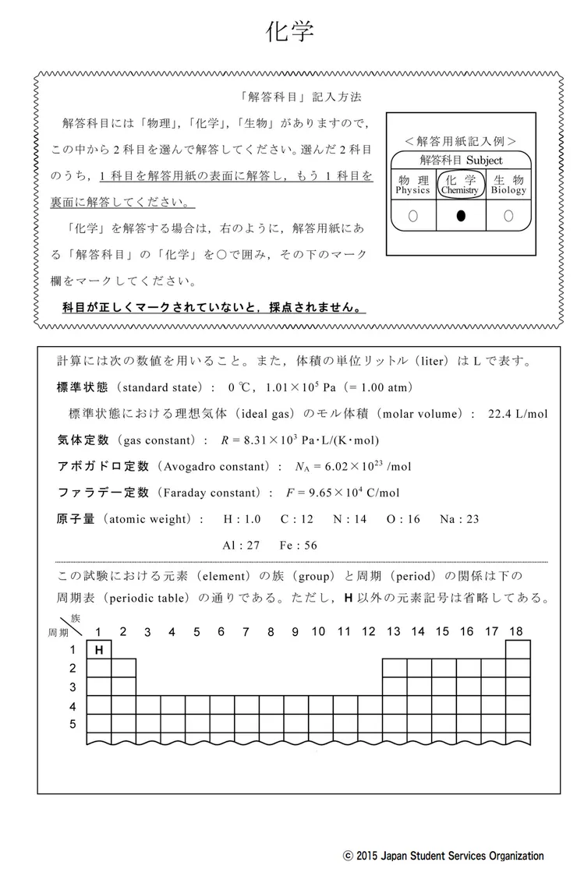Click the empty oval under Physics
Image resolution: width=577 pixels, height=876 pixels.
(x=412, y=216)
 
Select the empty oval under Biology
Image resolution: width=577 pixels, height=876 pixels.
(x=508, y=216)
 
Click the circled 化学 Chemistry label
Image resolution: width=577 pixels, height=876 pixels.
(x=460, y=184)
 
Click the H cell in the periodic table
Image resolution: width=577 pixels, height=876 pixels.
(x=99, y=649)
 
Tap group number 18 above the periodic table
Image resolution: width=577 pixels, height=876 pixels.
(x=515, y=631)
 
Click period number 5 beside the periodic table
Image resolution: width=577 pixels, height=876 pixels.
(x=73, y=724)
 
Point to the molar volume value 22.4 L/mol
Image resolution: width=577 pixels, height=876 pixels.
(x=517, y=413)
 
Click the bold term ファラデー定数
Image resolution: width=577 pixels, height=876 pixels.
(x=103, y=493)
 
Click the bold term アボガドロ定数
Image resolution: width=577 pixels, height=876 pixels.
(x=103, y=466)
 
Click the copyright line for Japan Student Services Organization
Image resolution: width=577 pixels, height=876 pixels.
(x=443, y=856)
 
